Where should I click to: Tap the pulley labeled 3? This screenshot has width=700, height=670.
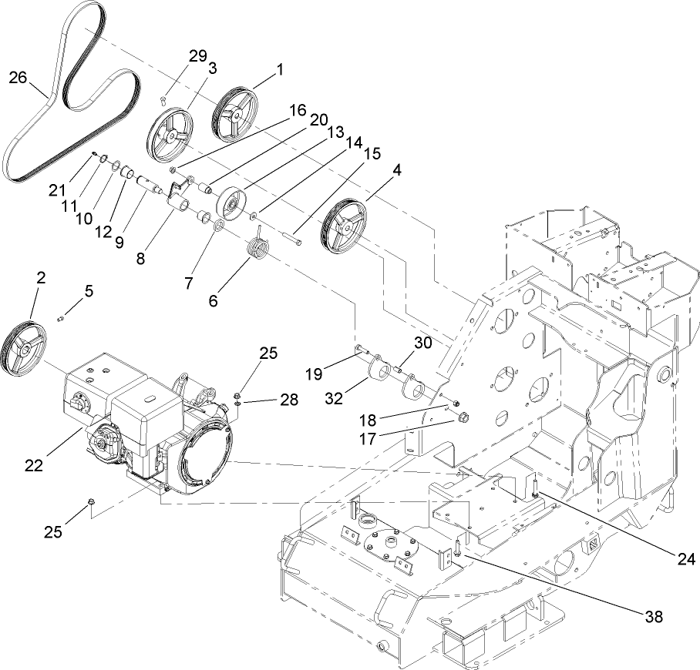pyautogui.click(x=173, y=136)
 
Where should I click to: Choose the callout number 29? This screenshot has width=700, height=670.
pyautogui.click(x=198, y=56)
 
